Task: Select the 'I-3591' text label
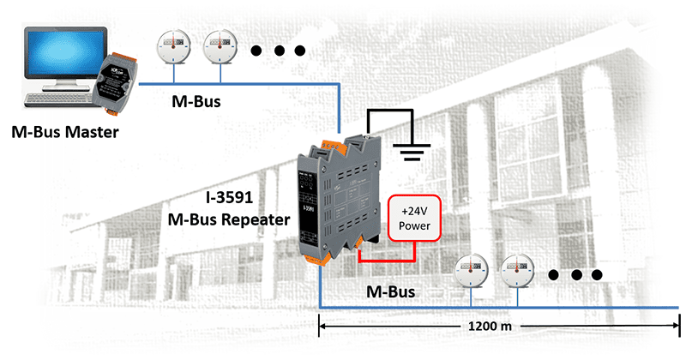(231, 197)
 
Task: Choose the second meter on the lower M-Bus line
(519, 272)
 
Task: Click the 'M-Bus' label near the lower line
(390, 291)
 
